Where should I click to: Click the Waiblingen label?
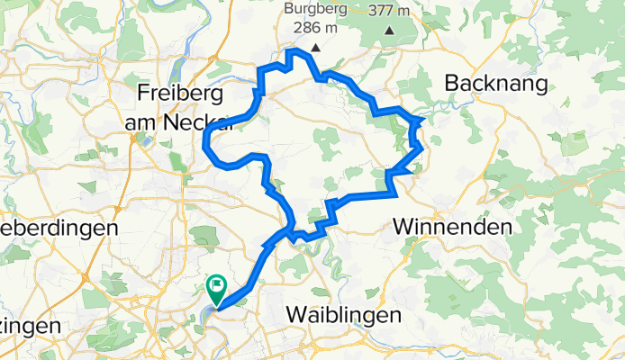342,315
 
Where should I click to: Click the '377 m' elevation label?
390,11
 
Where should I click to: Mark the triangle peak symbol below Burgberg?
315,48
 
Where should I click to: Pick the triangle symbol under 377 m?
389,31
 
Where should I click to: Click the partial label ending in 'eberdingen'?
59,229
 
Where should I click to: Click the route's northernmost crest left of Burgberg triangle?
290,51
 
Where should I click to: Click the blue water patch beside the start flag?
209,310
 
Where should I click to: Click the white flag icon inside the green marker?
217,286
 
